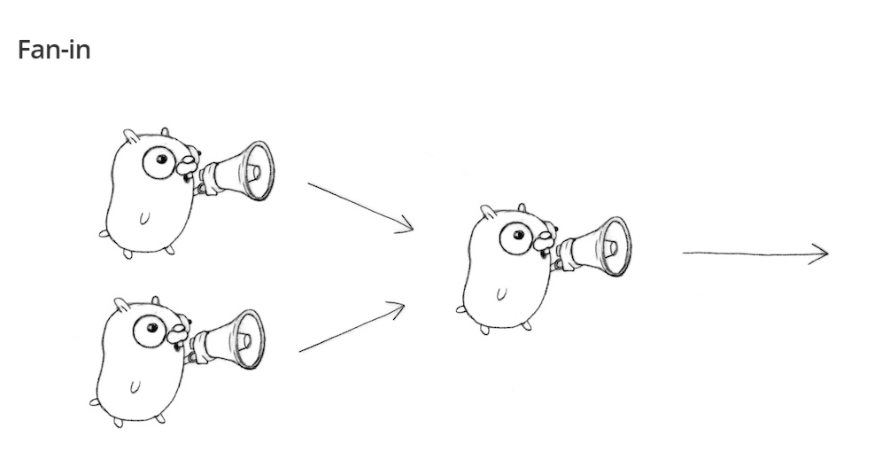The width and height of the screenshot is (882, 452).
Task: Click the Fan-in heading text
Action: [54, 51]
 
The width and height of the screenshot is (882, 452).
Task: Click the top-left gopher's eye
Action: [159, 162]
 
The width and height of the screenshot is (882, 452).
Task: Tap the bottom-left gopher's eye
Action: [150, 331]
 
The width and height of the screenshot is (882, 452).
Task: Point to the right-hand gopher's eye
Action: [516, 238]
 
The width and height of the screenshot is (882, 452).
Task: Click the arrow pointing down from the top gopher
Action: [360, 207]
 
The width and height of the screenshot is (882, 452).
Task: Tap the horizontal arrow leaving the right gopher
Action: [755, 253]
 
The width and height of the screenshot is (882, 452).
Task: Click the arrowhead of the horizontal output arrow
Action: [819, 253]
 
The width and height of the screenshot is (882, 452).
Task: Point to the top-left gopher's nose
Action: [188, 164]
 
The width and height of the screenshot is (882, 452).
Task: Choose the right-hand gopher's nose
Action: [545, 240]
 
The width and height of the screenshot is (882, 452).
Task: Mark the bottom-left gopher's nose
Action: [178, 333]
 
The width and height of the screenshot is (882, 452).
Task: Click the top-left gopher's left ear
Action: [131, 136]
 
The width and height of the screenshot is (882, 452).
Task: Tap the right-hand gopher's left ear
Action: [488, 213]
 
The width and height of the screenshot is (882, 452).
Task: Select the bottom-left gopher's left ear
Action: [121, 306]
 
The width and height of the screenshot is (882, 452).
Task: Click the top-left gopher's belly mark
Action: [144, 217]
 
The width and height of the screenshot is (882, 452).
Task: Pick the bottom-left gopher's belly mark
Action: [135, 386]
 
